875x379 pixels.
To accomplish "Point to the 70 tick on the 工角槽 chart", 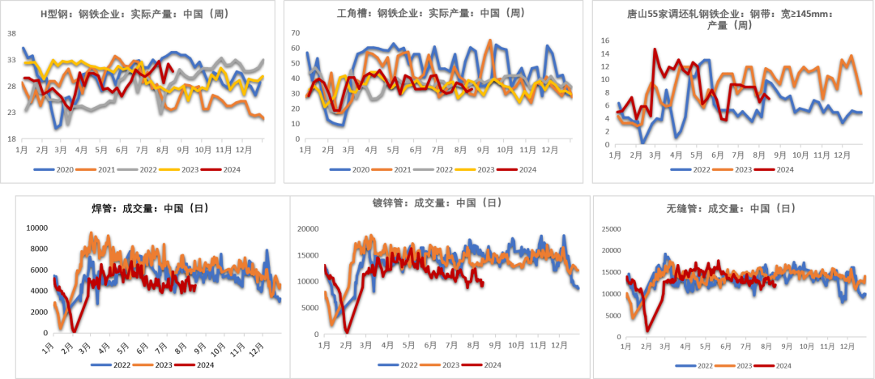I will point(296,33).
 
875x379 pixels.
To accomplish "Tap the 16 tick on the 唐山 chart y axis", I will point(604,40).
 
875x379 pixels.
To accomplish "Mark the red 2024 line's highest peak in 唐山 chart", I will point(655,49).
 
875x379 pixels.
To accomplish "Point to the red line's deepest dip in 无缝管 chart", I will point(647,330).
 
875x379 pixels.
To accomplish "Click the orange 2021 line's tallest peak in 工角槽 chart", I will point(490,40).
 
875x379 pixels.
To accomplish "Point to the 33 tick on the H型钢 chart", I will point(12,60).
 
